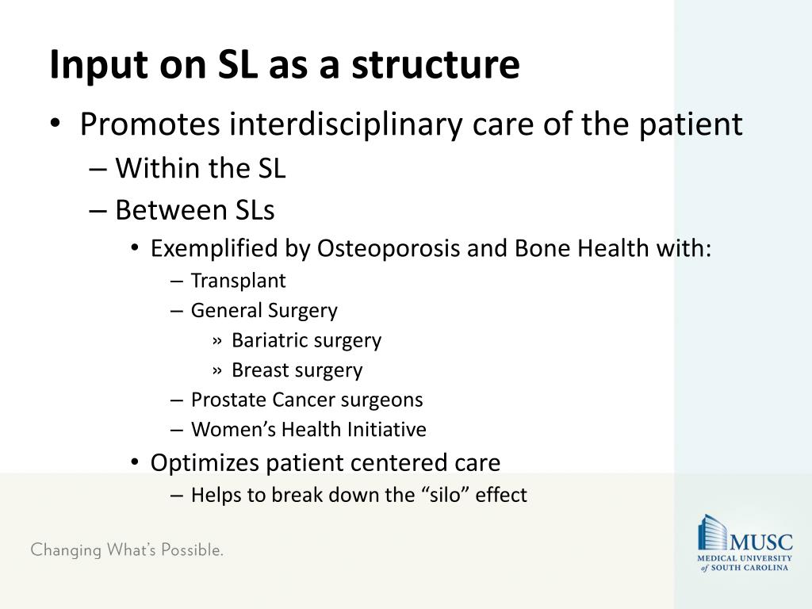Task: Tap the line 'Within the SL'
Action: [200, 168]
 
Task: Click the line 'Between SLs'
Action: [194, 210]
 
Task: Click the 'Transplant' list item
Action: [238, 281]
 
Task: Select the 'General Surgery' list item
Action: [264, 311]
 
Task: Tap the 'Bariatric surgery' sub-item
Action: [306, 340]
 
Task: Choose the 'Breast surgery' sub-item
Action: [297, 370]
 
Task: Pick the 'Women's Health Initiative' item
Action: [308, 430]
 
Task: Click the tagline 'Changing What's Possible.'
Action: [127, 550]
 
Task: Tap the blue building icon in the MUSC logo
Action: [712, 532]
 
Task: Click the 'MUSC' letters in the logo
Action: [760, 542]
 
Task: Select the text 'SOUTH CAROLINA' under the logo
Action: [751, 568]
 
